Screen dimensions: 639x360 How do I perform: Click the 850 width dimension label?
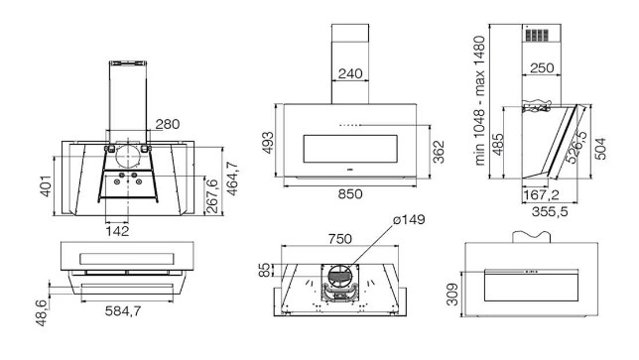click(349, 193)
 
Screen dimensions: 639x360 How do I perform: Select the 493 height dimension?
click(268, 143)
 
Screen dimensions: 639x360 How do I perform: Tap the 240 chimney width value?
click(350, 73)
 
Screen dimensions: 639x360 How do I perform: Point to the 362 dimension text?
click(439, 152)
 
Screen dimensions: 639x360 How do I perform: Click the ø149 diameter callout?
click(409, 219)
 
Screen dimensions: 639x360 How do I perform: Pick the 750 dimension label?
click(340, 239)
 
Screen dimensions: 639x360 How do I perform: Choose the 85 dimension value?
click(265, 270)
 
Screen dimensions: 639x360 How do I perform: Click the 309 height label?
click(452, 295)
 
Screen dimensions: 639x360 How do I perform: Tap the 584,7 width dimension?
click(123, 311)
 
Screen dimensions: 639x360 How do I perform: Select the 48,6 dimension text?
click(42, 312)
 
